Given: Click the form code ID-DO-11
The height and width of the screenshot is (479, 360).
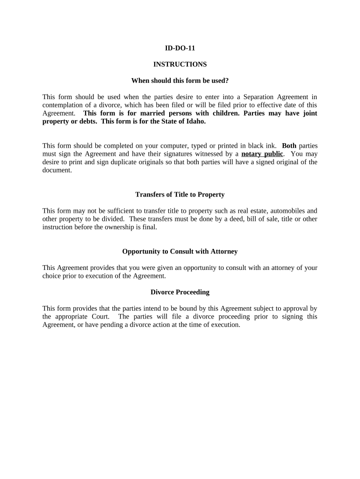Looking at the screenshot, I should pyautogui.click(x=180, y=48).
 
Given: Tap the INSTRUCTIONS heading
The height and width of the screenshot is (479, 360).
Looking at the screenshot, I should pyautogui.click(x=180, y=64).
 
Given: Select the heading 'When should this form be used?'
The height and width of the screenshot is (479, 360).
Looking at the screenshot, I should pyautogui.click(x=180, y=80).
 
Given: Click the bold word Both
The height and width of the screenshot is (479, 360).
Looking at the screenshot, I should pyautogui.click(x=289, y=145).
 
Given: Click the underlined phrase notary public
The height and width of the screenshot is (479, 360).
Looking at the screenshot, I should pyautogui.click(x=262, y=154).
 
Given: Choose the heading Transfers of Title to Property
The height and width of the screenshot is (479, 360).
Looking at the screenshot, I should pyautogui.click(x=180, y=194).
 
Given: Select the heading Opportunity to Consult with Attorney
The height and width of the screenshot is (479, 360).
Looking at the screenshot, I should pyautogui.click(x=180, y=251).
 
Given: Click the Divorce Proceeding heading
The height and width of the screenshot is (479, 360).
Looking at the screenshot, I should pyautogui.click(x=180, y=292).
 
